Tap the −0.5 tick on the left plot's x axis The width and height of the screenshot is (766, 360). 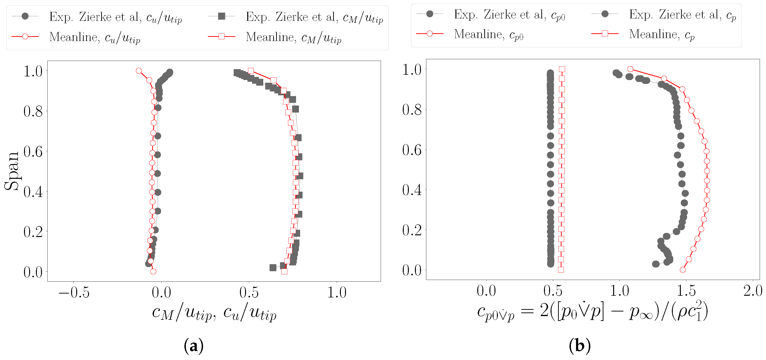click(x=74, y=293)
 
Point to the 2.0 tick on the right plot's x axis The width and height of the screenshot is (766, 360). click(x=753, y=291)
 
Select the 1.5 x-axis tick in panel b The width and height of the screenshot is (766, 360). click(x=686, y=291)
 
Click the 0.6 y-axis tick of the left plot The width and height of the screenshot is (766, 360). click(x=33, y=152)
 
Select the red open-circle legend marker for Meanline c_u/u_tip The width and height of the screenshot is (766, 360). click(x=25, y=37)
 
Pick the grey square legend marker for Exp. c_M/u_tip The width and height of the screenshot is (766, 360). click(x=222, y=16)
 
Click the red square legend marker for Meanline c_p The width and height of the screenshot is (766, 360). click(x=605, y=33)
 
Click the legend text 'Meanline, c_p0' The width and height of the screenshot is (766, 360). click(x=488, y=34)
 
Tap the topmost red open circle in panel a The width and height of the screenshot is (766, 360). click(x=139, y=71)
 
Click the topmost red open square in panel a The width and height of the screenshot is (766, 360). click(x=251, y=71)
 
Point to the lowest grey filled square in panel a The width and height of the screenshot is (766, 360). click(x=273, y=268)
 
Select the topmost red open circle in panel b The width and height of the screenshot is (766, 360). click(x=630, y=69)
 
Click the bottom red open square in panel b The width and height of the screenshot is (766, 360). click(x=561, y=270)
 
